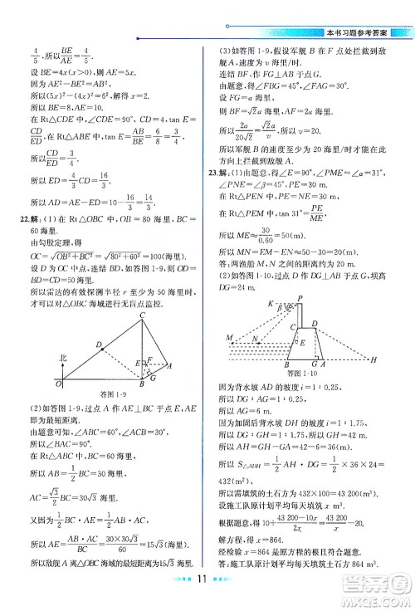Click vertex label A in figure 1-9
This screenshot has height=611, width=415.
click(170, 365)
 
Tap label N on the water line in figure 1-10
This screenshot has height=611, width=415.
click(256, 340)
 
